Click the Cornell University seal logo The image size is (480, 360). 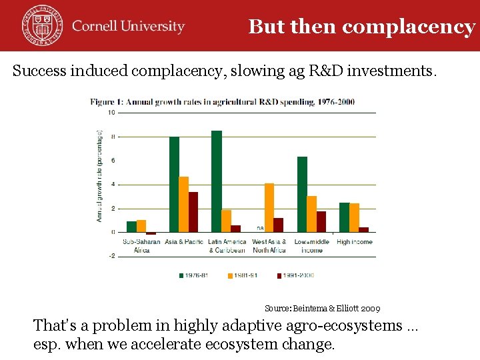41,25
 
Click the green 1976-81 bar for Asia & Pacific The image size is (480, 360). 174,184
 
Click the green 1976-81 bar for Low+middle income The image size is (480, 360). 302,194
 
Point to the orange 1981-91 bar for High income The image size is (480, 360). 354,217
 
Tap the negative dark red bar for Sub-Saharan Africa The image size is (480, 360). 151,233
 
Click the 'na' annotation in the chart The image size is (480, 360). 260,228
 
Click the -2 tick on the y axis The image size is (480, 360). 111,256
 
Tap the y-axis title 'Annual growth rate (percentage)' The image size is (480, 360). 99,176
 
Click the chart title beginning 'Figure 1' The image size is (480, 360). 223,102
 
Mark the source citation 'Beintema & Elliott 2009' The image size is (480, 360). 322,309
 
